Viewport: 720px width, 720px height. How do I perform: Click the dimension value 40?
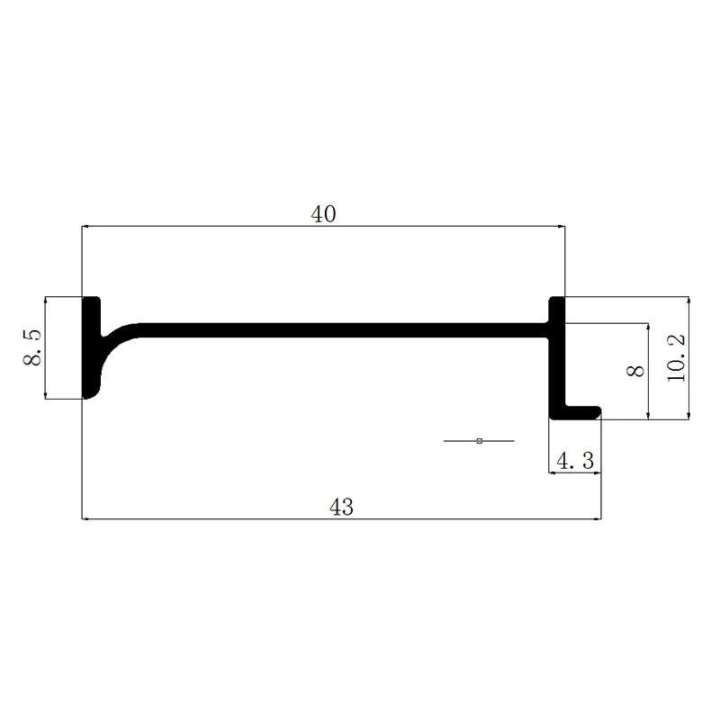click(x=323, y=214)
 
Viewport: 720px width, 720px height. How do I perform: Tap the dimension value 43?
click(x=342, y=507)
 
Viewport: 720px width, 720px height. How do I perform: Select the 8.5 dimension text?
click(x=32, y=347)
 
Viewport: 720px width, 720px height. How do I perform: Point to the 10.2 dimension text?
click(x=676, y=358)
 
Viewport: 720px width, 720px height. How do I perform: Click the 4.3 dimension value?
click(x=575, y=461)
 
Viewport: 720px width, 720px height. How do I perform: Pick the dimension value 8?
click(x=635, y=371)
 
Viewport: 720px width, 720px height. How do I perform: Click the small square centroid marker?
click(x=480, y=441)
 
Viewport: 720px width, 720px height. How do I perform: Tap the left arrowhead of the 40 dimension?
click(x=85, y=226)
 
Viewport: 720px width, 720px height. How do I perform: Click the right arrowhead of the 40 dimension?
click(x=562, y=226)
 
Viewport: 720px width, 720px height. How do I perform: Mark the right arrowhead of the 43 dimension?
click(x=598, y=519)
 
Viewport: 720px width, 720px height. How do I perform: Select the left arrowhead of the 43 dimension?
click(x=85, y=519)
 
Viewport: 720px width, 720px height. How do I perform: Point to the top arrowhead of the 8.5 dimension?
click(x=45, y=301)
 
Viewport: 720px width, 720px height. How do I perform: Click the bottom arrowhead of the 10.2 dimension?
click(x=688, y=416)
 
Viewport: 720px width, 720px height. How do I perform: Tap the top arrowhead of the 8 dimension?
click(x=648, y=327)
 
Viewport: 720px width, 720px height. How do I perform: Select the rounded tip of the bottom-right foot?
click(x=597, y=412)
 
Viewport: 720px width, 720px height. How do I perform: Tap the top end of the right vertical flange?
click(x=557, y=299)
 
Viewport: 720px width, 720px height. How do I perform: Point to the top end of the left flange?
click(x=92, y=299)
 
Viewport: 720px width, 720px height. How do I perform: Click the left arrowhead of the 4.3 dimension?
click(x=553, y=472)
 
